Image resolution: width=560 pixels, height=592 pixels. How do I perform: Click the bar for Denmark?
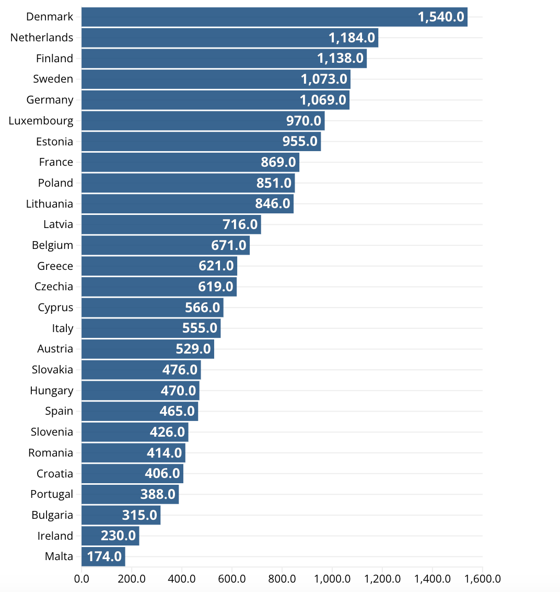pos(274,17)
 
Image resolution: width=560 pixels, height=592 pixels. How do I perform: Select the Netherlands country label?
pos(42,38)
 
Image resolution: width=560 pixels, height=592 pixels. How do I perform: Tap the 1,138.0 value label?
pos(340,58)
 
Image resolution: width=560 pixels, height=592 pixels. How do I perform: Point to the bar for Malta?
pos(103,556)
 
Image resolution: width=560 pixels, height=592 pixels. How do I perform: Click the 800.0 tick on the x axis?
pos(282,579)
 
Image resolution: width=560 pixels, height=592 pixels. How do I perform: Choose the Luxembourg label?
pos(41,121)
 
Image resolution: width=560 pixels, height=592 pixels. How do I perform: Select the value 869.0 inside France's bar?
pos(278,162)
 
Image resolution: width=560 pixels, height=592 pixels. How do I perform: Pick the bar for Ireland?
pos(110,536)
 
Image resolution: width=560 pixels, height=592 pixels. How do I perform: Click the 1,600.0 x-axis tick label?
pos(482,579)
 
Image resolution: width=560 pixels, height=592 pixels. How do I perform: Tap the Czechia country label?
pos(54,287)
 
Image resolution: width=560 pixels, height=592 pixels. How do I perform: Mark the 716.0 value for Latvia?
pos(240,224)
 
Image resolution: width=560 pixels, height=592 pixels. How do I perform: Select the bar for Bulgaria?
pos(121,515)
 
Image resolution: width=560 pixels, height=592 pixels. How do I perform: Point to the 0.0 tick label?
pos(81,579)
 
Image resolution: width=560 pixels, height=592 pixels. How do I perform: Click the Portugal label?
pos(52,494)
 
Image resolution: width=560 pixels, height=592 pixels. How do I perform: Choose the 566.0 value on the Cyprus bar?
pos(203,308)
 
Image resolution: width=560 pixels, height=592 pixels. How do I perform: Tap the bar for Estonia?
pos(201,141)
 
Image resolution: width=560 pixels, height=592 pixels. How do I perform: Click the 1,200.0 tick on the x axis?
pos(382,579)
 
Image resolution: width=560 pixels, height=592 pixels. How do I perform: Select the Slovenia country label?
pos(52,432)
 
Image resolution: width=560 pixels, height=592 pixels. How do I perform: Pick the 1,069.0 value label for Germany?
pos(323,100)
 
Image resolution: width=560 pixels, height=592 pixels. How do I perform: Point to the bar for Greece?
pos(159,266)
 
